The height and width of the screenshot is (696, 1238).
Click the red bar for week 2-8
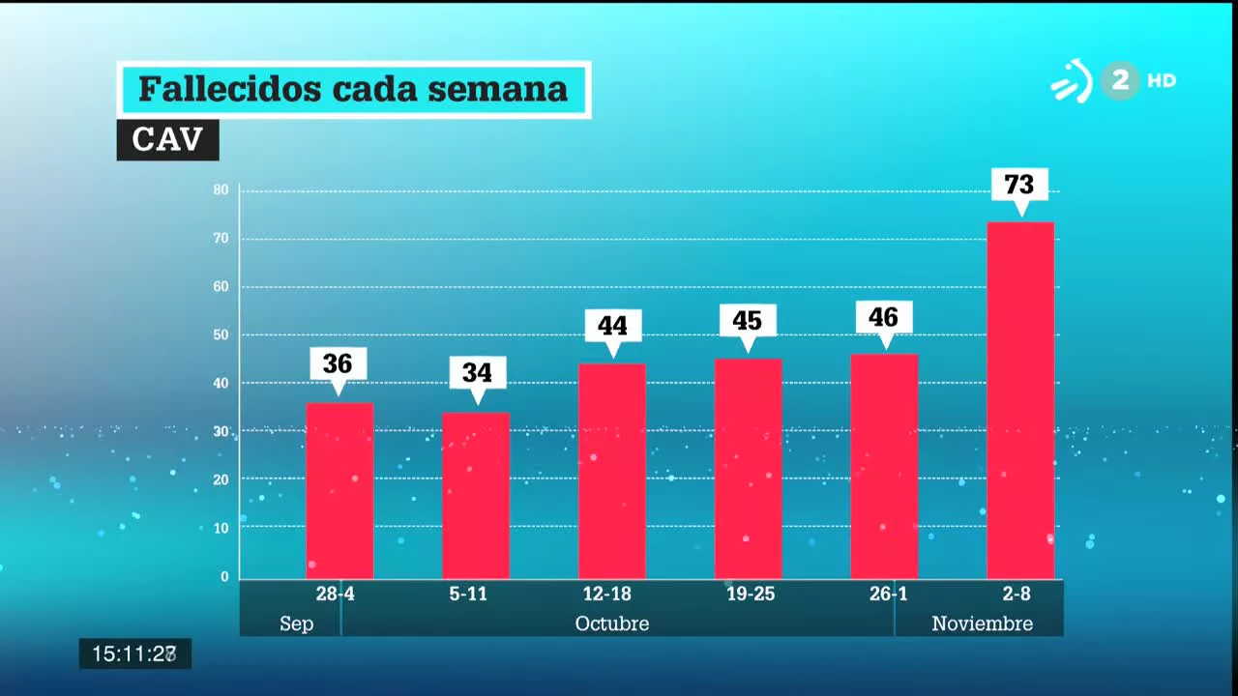(x=1019, y=400)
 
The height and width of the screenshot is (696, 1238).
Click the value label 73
(x=1019, y=184)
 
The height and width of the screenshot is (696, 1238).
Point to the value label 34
(x=477, y=372)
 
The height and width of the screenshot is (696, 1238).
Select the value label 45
(x=748, y=320)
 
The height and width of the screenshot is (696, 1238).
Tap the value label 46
(x=884, y=317)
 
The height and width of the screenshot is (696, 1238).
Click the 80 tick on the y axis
(x=221, y=189)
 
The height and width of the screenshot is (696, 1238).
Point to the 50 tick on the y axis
(x=221, y=334)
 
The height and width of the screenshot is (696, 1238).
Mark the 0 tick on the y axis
(x=224, y=577)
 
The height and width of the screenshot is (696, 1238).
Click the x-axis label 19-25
(x=751, y=594)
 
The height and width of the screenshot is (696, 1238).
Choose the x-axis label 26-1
(x=888, y=594)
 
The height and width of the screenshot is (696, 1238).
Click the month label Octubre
(x=611, y=623)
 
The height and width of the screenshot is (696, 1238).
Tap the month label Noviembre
(x=982, y=623)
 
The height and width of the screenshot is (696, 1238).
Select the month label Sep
(x=296, y=623)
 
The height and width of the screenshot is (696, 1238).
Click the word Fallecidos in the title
(x=229, y=89)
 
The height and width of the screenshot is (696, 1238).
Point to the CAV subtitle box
(x=167, y=140)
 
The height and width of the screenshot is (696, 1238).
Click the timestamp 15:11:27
(x=134, y=654)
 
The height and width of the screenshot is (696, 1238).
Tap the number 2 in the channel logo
(x=1120, y=80)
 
